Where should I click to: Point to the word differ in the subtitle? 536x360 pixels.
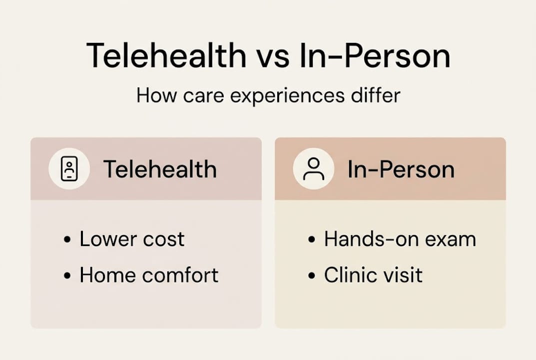click(x=375, y=94)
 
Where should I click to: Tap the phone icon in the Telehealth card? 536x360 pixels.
click(x=69, y=169)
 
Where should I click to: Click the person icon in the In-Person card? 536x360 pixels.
click(x=313, y=169)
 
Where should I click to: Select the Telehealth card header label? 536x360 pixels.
click(x=160, y=169)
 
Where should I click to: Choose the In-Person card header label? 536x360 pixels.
click(x=401, y=169)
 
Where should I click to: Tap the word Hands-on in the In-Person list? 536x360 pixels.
click(x=370, y=239)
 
